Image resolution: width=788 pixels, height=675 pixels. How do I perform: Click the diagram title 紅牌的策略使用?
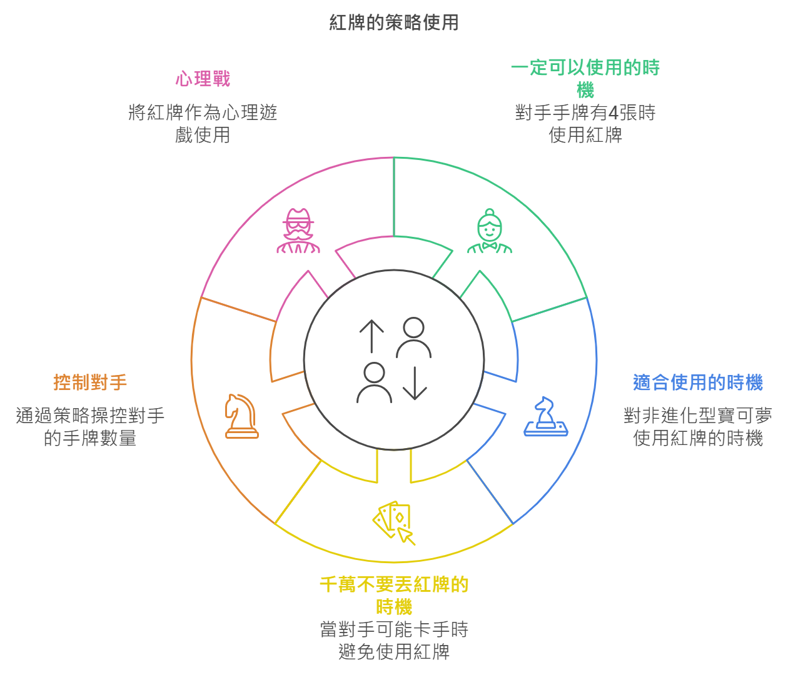[x=394, y=22]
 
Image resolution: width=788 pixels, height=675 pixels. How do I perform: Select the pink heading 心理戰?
[x=203, y=79]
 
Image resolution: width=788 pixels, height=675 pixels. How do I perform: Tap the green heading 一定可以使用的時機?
[x=585, y=79]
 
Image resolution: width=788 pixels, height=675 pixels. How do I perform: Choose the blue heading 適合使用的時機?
[x=698, y=382]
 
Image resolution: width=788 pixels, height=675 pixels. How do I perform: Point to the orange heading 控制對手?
[x=90, y=382]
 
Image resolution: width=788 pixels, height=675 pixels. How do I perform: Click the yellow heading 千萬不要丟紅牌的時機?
[x=394, y=596]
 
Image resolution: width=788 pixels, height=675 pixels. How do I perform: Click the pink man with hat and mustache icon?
[x=298, y=231]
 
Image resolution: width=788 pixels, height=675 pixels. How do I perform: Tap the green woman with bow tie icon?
[x=490, y=231]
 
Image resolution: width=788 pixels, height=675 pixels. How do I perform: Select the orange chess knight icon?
[x=241, y=416]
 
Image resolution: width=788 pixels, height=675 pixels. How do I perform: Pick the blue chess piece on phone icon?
[x=546, y=416]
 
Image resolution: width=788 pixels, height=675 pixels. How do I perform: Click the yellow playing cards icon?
[x=394, y=522]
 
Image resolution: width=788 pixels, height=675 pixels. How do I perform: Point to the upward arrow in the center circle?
[x=371, y=336]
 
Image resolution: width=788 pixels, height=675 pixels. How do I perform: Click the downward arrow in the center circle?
[x=415, y=383]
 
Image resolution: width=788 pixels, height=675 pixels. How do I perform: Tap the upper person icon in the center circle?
[x=413, y=337]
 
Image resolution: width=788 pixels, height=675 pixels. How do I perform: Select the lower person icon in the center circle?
[x=374, y=382]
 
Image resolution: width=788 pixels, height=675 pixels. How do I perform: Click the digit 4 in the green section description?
[x=614, y=112]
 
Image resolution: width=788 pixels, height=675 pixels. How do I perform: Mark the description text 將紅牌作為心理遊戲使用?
[x=203, y=123]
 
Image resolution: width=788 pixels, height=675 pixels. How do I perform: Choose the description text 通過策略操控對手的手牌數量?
[x=90, y=427]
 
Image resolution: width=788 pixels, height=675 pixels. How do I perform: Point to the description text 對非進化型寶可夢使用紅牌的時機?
[x=698, y=427]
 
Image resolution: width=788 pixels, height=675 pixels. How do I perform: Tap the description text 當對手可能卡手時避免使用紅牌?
[x=394, y=640]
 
